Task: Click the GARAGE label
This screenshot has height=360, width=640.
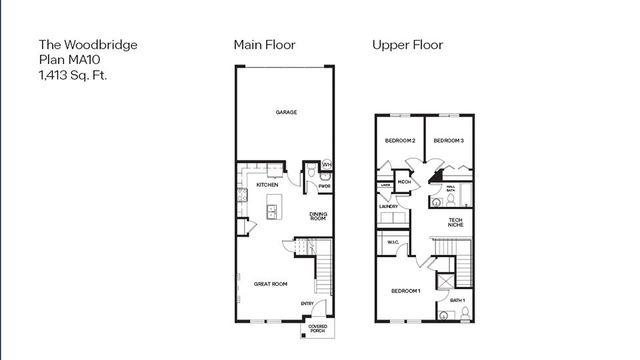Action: click(286, 113)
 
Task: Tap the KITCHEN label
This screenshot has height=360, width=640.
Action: click(266, 185)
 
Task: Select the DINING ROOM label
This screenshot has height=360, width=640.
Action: click(318, 215)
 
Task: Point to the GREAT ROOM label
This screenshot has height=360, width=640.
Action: click(270, 284)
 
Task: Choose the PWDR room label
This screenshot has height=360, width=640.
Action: click(324, 185)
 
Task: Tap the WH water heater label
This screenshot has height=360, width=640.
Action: click(327, 164)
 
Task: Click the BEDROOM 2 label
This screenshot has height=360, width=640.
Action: click(399, 141)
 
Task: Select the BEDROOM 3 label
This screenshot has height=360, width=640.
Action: click(448, 141)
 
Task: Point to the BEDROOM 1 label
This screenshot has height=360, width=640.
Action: click(405, 290)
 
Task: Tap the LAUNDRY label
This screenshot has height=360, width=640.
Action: click(388, 207)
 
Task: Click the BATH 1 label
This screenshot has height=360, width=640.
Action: click(457, 300)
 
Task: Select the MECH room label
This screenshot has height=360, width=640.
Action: click(405, 181)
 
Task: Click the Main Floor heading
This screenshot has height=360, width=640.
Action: click(265, 45)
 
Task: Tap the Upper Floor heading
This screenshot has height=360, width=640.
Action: click(407, 45)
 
